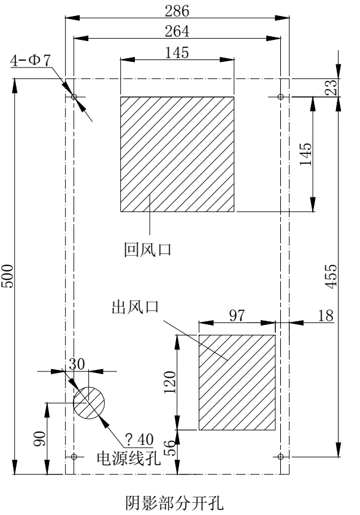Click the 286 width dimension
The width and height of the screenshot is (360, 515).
177,11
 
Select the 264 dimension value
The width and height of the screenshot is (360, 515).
177,31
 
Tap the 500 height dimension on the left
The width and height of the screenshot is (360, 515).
7,276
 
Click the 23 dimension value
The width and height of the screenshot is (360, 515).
331,87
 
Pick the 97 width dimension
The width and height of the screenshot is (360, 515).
237,315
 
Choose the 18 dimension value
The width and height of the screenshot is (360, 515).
326,316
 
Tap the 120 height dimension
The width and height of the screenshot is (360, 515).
170,383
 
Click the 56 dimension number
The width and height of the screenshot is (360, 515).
170,448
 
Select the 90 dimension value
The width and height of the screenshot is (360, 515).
39,438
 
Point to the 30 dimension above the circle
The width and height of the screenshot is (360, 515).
77,364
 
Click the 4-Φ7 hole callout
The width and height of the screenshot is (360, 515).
31,61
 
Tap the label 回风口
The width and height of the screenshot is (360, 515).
148,250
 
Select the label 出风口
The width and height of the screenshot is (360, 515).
136,307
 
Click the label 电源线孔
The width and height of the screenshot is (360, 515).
128,458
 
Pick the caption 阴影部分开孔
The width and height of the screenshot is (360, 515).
174,503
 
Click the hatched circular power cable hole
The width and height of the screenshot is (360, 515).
89,403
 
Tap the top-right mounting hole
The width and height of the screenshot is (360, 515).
280,97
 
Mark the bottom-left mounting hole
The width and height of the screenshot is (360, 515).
74,457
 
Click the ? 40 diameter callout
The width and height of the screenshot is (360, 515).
140,440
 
